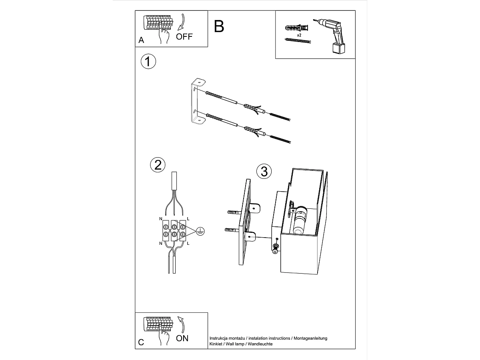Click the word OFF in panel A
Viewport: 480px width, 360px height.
pyautogui.click(x=184, y=37)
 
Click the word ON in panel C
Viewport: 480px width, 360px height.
pyautogui.click(x=182, y=338)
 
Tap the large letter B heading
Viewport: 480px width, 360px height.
pyautogui.click(x=219, y=26)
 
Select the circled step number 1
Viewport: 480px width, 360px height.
pyautogui.click(x=148, y=62)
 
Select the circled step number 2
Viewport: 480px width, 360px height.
pyautogui.click(x=158, y=165)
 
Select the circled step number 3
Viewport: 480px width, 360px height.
pyautogui.click(x=264, y=171)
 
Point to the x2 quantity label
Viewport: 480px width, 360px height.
pyautogui.click(x=299, y=35)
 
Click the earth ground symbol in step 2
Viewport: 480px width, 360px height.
pyautogui.click(x=200, y=231)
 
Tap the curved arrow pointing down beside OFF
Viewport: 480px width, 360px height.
pyautogui.click(x=182, y=22)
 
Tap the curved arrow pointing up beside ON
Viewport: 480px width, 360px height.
pyautogui.click(x=182, y=324)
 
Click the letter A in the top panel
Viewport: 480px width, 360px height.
pyautogui.click(x=141, y=40)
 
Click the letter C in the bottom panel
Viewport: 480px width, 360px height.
pyautogui.click(x=141, y=342)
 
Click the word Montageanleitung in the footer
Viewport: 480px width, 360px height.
pyautogui.click(x=310, y=338)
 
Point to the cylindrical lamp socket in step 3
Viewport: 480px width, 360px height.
pyautogui.click(x=300, y=220)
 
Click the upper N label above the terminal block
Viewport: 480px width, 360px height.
pyautogui.click(x=161, y=219)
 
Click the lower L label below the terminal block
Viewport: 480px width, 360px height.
pyautogui.click(x=188, y=243)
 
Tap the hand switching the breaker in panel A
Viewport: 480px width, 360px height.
pyautogui.click(x=164, y=35)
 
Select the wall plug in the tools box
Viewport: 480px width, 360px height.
pyautogui.click(x=296, y=28)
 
